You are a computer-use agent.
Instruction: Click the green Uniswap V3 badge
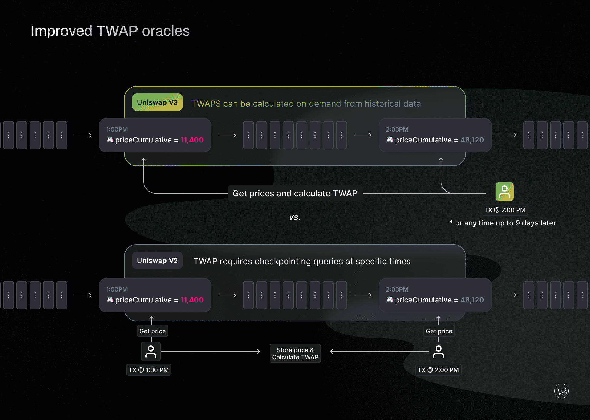coord(157,102)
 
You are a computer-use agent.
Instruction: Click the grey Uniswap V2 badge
coord(157,261)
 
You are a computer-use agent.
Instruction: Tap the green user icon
coord(504,192)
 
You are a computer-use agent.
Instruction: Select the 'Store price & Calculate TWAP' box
coord(295,354)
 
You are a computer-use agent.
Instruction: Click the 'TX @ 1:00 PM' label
coord(148,370)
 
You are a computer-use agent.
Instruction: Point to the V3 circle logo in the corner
coord(561,391)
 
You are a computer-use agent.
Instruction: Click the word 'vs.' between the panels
coord(294,217)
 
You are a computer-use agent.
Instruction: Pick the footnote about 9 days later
coord(503,223)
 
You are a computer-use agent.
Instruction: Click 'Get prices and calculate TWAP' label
coord(295,193)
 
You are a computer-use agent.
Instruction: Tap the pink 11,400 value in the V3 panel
coord(192,140)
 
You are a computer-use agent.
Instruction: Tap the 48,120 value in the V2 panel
coord(472,300)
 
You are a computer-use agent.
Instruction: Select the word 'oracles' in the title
coord(166,31)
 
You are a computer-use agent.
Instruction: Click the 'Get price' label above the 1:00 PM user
coord(152,331)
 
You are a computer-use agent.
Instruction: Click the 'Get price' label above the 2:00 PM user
coord(439,331)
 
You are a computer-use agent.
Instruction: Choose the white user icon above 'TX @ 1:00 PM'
coord(151,352)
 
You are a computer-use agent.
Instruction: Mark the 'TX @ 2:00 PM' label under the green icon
coord(505,210)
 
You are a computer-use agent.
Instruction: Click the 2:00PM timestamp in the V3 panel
coord(397,129)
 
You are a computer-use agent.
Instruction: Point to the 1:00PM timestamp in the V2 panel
coord(117,289)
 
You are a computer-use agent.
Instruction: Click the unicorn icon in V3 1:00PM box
coord(110,139)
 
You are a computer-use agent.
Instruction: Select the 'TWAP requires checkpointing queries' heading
coord(302,261)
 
